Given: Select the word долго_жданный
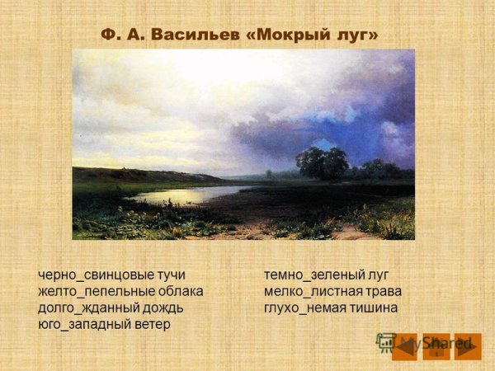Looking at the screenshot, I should pos(83,308).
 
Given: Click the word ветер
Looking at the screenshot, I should pos(148,324).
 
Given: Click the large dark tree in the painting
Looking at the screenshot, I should pos(323,162).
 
